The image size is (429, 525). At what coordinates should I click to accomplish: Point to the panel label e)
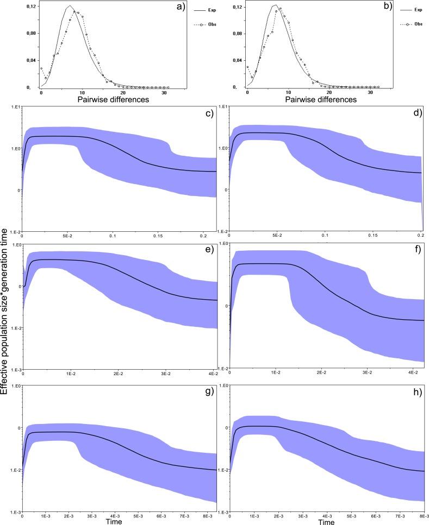(207, 251)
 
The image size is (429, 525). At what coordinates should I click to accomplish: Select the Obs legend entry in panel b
(408, 24)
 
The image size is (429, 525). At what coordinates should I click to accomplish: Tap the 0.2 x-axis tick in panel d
(421, 237)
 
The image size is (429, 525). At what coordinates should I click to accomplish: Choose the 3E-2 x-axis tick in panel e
(166, 374)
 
